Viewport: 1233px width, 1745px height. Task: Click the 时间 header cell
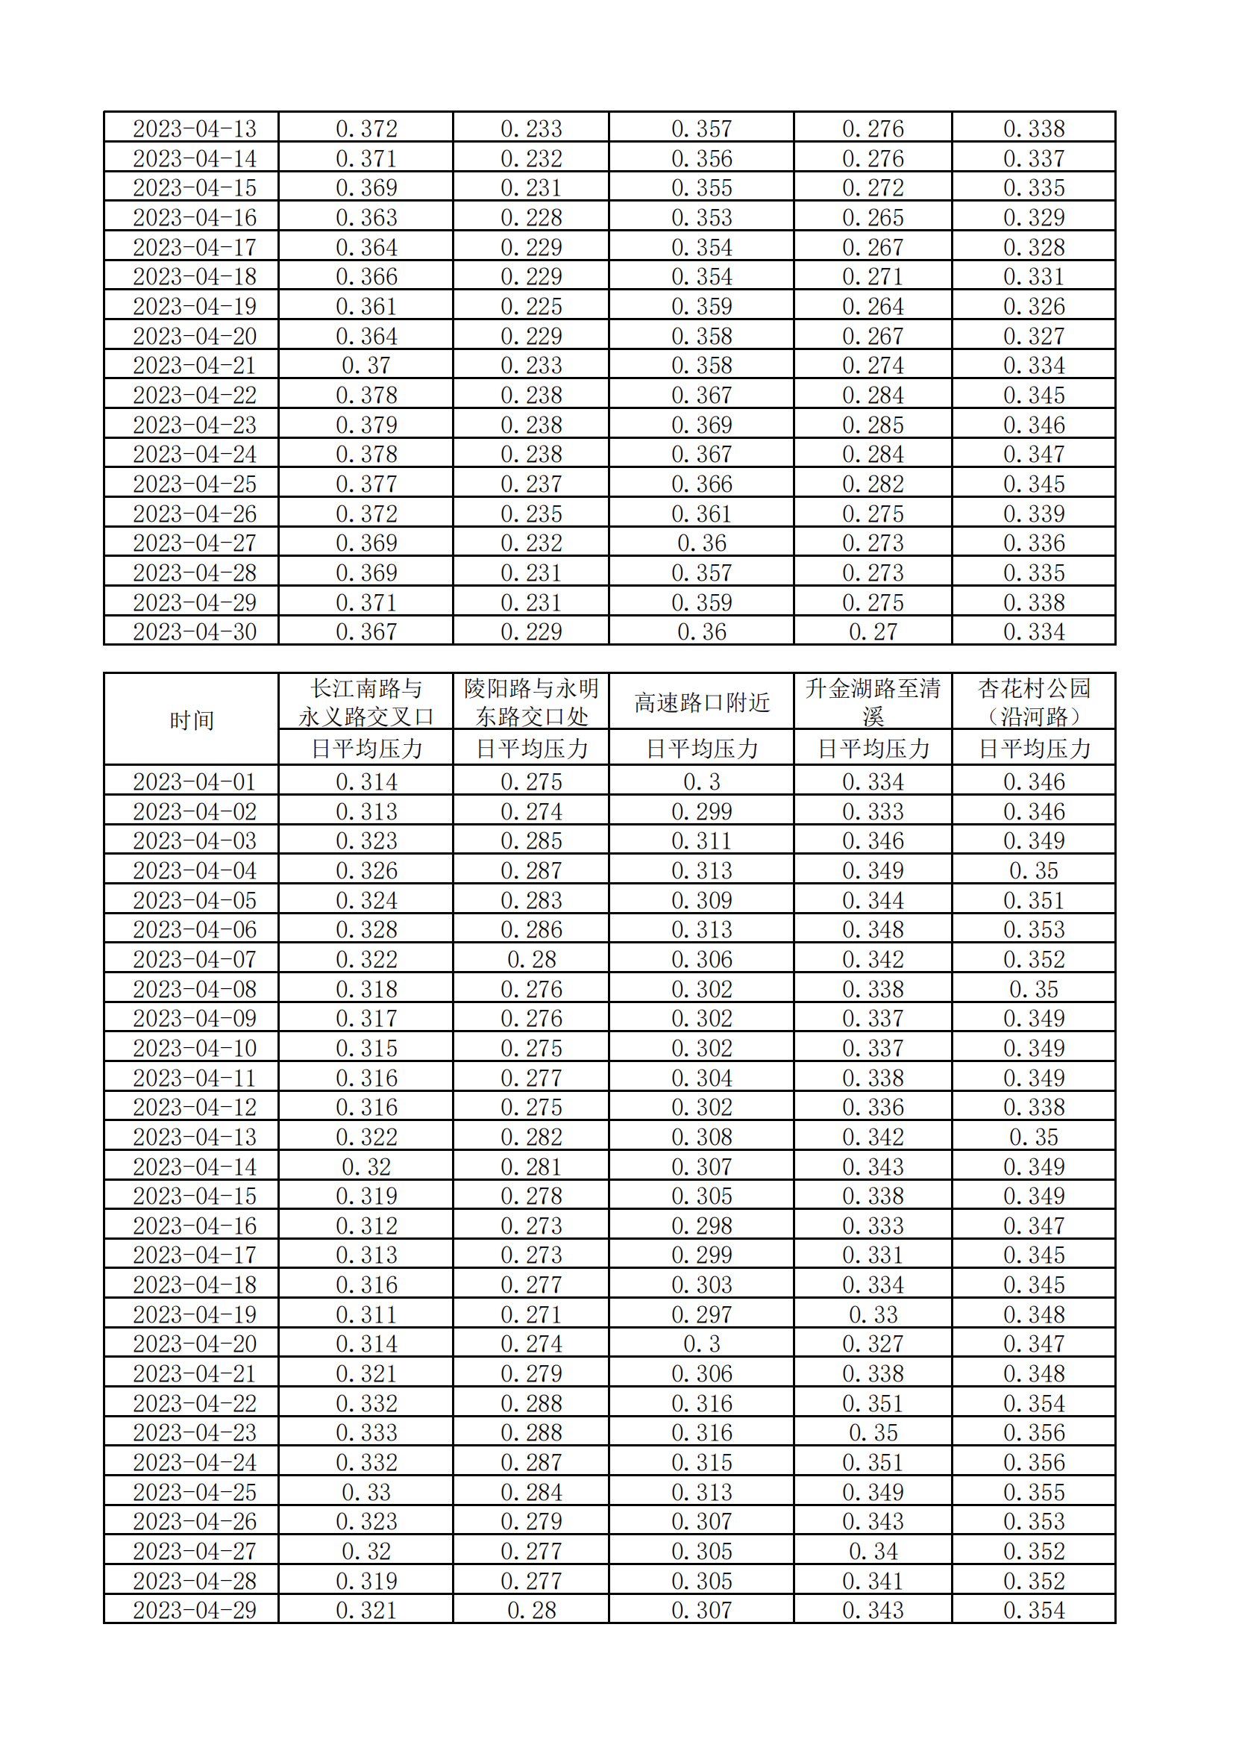coord(192,719)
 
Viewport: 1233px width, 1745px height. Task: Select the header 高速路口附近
coord(701,702)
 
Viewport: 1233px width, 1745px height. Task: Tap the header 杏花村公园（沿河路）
coord(1033,702)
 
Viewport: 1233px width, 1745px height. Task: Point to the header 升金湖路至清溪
coord(872,702)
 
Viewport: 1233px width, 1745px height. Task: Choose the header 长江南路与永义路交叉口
coord(365,702)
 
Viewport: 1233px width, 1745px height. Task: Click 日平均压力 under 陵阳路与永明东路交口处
coord(531,749)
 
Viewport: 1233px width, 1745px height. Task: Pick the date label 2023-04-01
coord(195,781)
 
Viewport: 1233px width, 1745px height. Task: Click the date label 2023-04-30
coord(195,631)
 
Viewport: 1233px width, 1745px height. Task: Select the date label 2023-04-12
coord(195,1108)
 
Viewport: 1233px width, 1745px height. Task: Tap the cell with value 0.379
coord(366,425)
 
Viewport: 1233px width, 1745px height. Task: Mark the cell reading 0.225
coord(531,306)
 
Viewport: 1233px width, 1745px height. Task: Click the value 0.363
coord(366,217)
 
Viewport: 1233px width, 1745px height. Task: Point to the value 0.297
coord(701,1314)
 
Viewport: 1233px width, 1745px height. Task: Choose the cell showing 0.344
coord(872,900)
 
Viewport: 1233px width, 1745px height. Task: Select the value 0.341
coord(872,1581)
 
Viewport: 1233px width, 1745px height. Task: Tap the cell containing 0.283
coord(531,900)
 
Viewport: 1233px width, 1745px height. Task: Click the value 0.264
coord(872,306)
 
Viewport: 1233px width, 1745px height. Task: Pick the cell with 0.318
coord(366,989)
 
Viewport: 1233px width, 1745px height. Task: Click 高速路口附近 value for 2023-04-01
coord(701,781)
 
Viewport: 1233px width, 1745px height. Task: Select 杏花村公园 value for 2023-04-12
coord(1033,1108)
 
